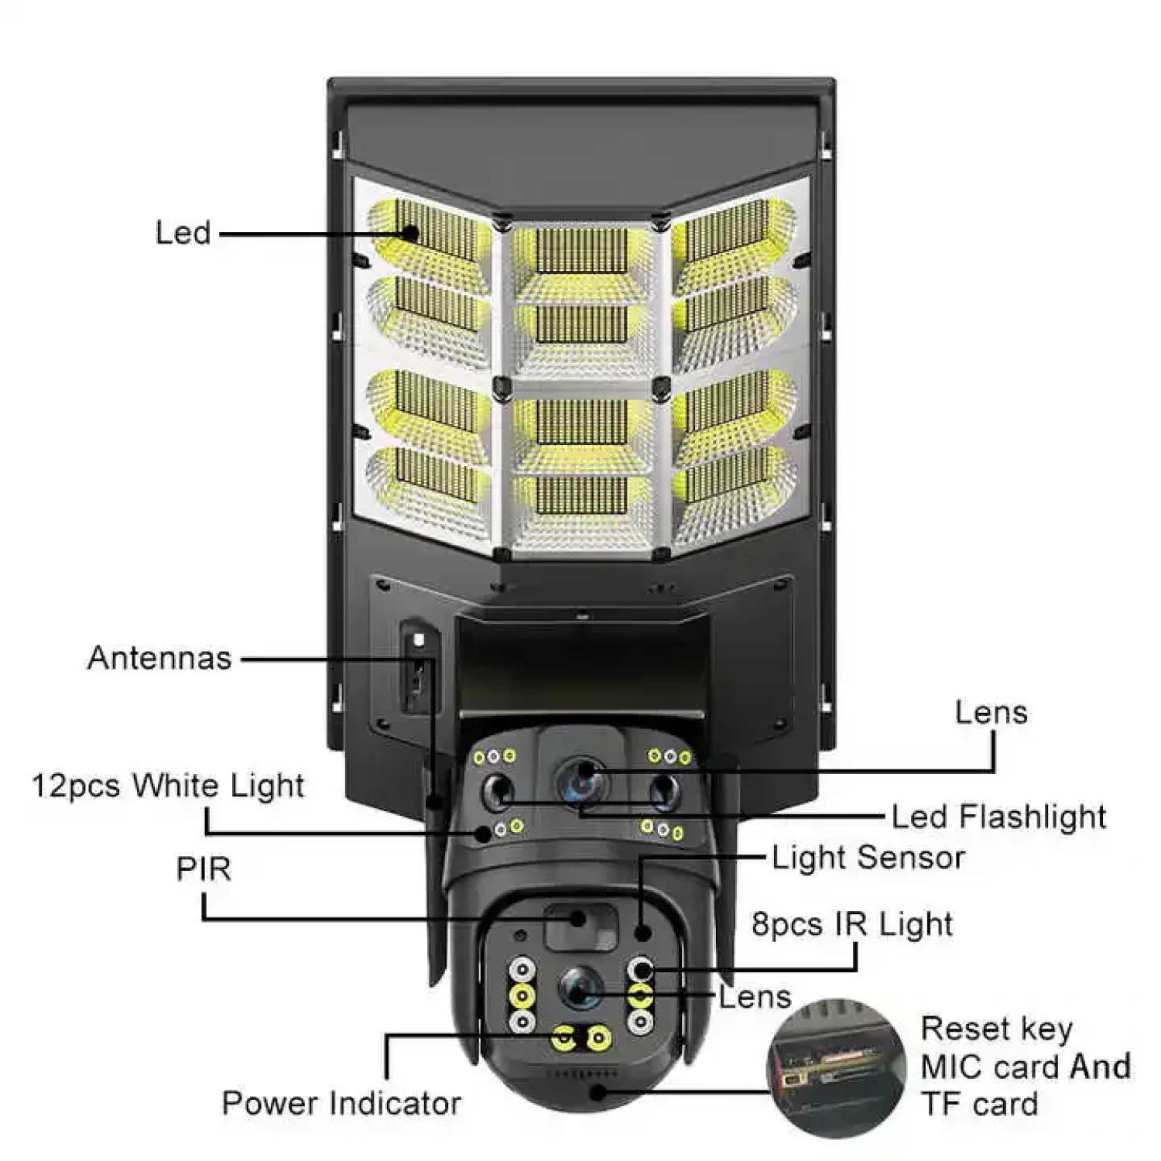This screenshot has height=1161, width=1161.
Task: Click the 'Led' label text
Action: pos(183,232)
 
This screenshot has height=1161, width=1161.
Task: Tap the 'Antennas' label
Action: pos(159,658)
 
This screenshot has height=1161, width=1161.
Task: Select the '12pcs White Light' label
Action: pos(168,786)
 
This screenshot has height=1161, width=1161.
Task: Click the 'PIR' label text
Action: pos(204,869)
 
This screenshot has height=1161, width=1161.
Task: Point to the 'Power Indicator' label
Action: pos(341,1103)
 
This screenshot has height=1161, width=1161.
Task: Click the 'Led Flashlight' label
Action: pos(998,817)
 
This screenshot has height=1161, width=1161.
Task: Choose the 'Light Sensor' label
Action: pos(868,858)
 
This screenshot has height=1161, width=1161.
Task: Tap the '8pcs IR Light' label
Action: pos(852,924)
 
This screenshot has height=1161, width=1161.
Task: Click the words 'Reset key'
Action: pos(997,1029)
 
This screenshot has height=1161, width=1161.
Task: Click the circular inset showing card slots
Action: pos(836,1068)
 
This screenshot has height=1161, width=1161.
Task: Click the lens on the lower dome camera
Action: pos(580,988)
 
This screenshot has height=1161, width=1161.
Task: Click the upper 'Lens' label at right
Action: pos(991,712)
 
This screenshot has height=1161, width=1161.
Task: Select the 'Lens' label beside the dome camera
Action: pos(755,997)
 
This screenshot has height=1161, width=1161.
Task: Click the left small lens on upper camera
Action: pos(498,790)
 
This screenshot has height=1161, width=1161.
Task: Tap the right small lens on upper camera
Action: pos(664,790)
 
